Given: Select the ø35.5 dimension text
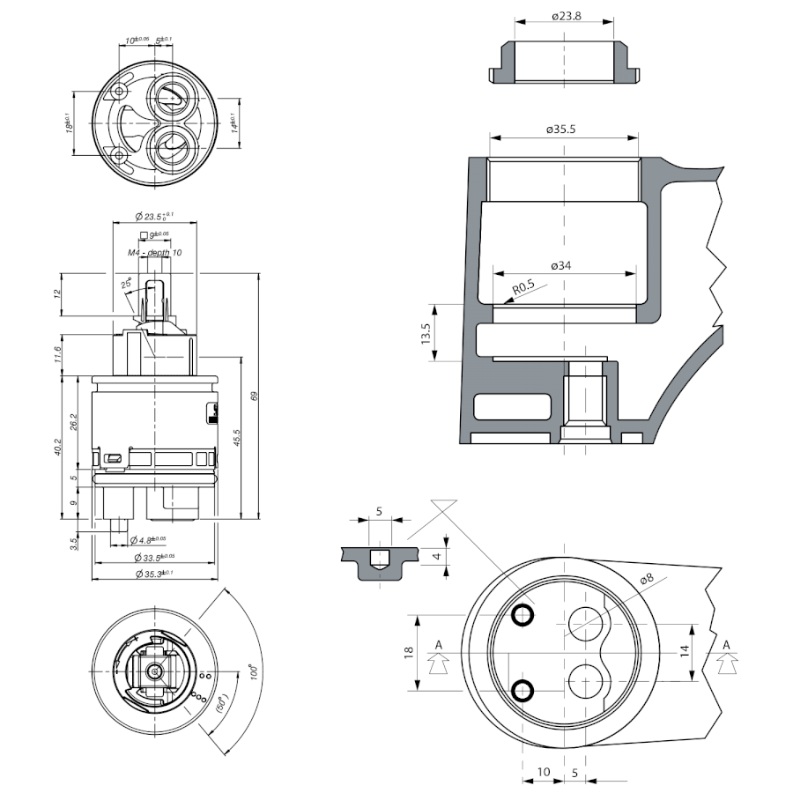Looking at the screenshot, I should tap(560, 129).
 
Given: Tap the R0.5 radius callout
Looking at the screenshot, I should tap(526, 286).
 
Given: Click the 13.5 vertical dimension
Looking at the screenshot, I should tap(426, 332).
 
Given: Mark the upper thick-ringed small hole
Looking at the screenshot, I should tap(522, 613).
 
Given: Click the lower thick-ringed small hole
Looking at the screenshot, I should tap(522, 690).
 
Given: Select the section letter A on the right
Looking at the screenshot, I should tap(726, 646).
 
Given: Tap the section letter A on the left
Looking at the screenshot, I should tap(437, 646).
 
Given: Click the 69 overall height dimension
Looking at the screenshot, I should tap(254, 396).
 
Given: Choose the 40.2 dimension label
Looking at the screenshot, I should tap(58, 448).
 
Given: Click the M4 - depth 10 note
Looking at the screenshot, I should tap(155, 253).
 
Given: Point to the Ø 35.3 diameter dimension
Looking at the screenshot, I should tap(154, 574).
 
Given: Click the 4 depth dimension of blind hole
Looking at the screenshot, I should tap(435, 556).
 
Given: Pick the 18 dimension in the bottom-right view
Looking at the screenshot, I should tap(409, 652).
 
